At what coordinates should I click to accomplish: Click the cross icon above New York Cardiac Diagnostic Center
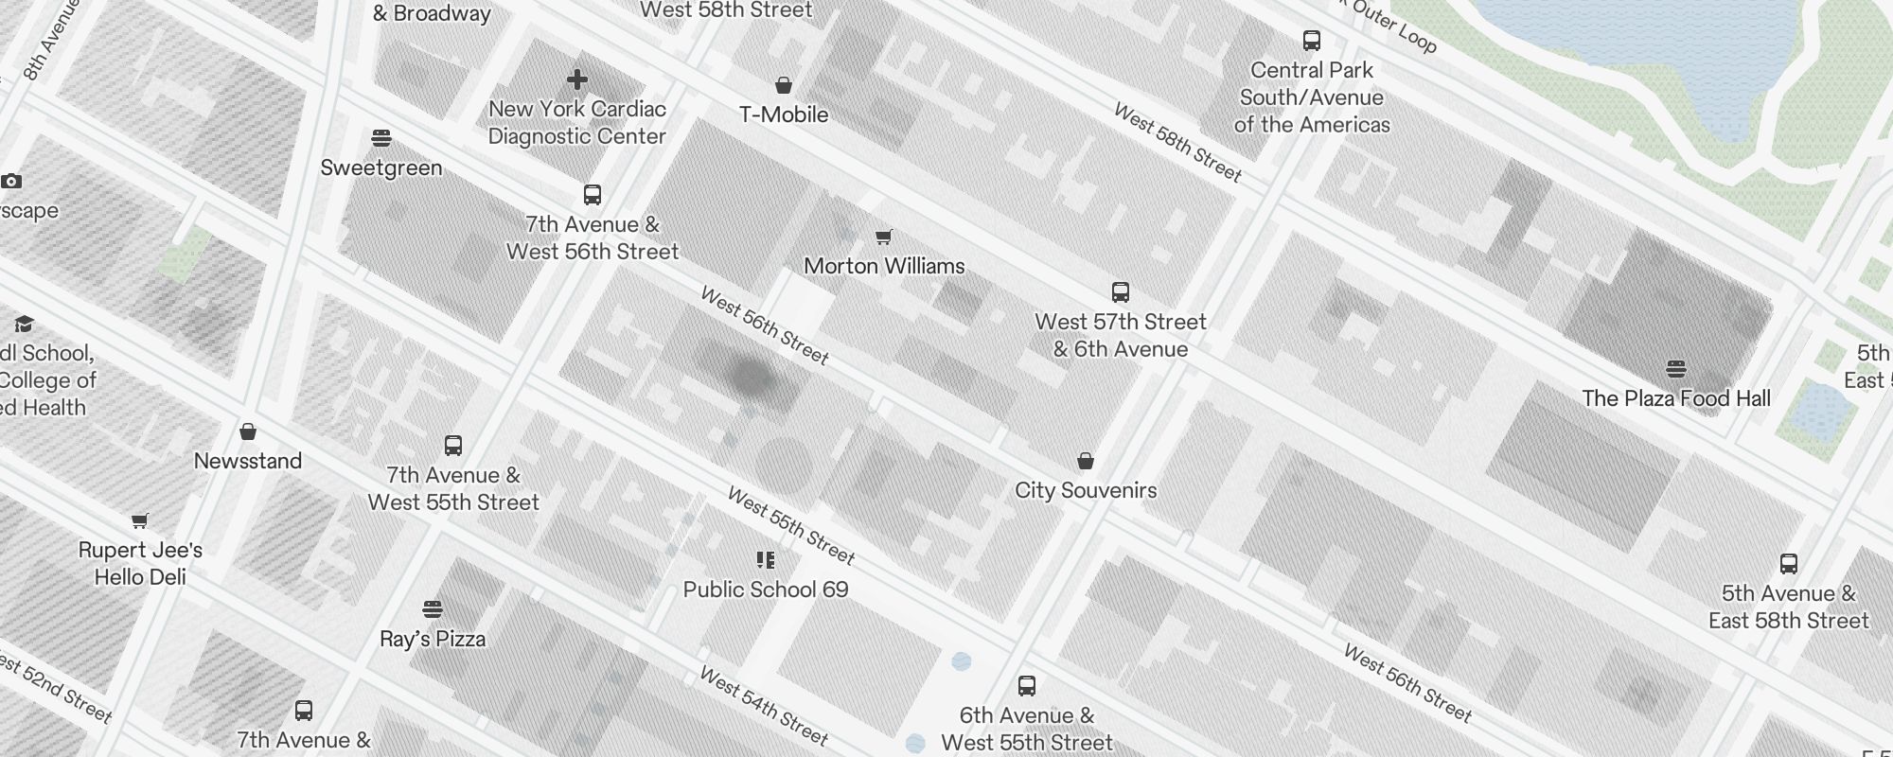point(577,79)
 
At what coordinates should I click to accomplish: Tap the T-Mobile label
point(784,114)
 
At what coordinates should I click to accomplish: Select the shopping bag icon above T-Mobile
point(784,86)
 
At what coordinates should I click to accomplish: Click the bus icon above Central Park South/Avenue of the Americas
point(1312,41)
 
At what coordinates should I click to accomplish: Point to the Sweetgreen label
point(381,167)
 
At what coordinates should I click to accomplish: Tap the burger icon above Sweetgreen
point(381,139)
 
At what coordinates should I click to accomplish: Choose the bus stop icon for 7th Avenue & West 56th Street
point(593,195)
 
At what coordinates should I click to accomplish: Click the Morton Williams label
point(884,266)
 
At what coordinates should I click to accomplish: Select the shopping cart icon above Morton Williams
point(883,237)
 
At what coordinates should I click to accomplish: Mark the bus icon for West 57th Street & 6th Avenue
point(1121,292)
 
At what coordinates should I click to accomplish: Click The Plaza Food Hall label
point(1676,398)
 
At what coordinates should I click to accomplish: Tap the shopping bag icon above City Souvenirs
point(1086,462)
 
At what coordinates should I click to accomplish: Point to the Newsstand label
point(248,461)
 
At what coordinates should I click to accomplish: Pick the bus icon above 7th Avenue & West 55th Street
point(453,446)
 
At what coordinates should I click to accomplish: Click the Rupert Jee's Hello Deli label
point(140,563)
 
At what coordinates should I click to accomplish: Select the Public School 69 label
point(766,590)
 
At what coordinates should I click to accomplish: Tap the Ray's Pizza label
point(433,639)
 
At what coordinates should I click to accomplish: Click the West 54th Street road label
point(764,706)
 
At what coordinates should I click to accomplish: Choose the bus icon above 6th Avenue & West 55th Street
point(1027,686)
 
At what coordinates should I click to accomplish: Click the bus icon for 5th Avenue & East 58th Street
point(1789,564)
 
